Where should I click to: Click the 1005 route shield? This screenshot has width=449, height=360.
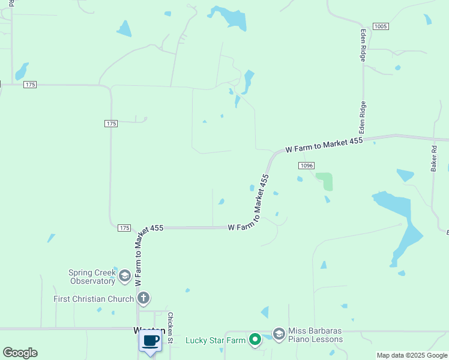click(381, 26)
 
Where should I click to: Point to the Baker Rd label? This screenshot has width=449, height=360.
click(434, 158)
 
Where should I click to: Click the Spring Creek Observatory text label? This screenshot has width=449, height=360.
click(92, 277)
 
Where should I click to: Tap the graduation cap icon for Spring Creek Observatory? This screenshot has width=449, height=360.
click(125, 276)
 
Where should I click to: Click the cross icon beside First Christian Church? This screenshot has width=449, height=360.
click(143, 298)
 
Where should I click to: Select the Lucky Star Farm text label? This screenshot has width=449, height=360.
click(215, 341)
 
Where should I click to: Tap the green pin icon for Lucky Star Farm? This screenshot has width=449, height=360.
click(255, 340)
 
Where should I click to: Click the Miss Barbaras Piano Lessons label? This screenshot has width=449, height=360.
click(316, 335)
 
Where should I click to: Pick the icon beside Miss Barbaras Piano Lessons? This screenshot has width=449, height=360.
click(279, 333)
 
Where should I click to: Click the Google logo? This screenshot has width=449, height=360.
click(20, 353)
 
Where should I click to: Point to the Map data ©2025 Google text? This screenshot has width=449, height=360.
click(412, 355)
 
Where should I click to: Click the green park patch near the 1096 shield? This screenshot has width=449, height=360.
click(325, 181)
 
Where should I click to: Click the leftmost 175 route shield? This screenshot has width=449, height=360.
click(31, 85)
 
